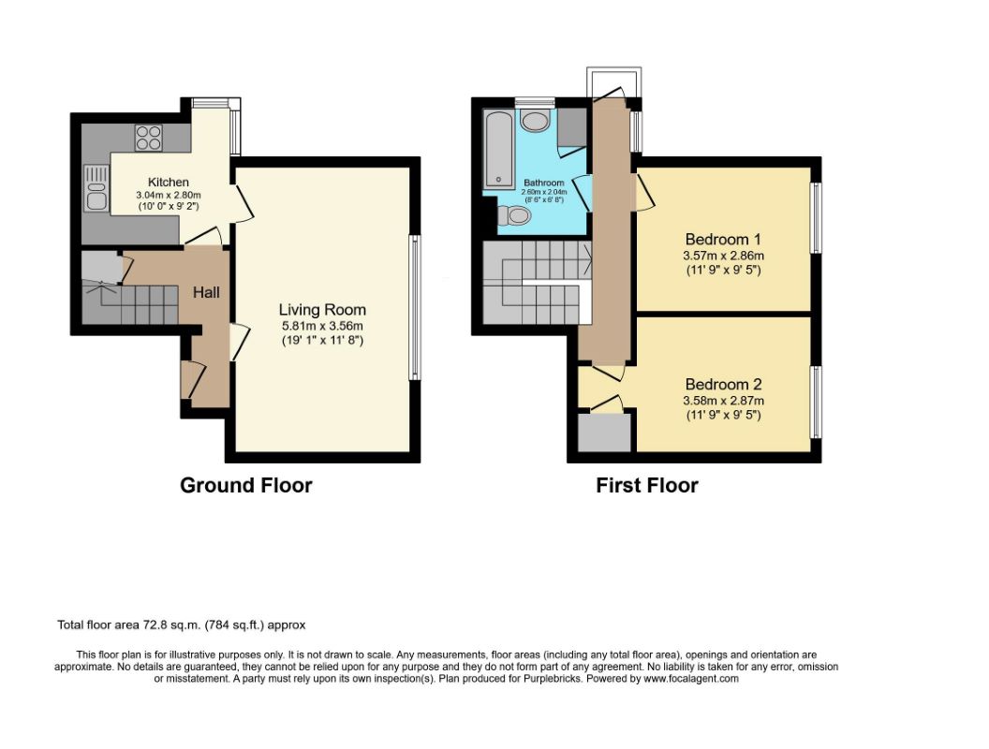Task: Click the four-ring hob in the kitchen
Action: (x=149, y=138)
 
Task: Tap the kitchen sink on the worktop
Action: (x=96, y=187)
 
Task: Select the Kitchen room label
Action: (x=169, y=183)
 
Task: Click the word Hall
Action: (x=206, y=292)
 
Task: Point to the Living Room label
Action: (x=322, y=310)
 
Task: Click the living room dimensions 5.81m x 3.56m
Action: (x=322, y=326)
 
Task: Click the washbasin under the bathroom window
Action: (x=536, y=121)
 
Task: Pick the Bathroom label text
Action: (x=544, y=183)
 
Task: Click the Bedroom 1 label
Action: (x=723, y=240)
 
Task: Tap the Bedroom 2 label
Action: (x=723, y=385)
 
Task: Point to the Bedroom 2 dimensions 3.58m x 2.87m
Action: (x=723, y=401)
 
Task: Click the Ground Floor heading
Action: (x=246, y=486)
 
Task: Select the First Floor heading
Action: (x=647, y=486)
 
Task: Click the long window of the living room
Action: (x=414, y=307)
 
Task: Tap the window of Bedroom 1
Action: (x=816, y=218)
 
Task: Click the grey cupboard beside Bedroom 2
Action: (x=605, y=432)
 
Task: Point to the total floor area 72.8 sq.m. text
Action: (x=182, y=625)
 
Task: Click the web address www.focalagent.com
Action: (x=690, y=679)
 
